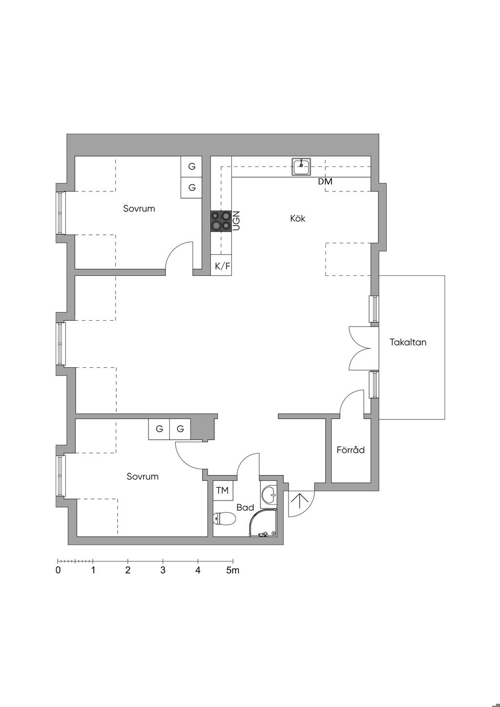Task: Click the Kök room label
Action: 298,218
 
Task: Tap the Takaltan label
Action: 408,342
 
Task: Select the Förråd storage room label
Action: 351,450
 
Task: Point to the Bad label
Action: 245,507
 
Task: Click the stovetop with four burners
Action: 221,221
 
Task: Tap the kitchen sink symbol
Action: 301,166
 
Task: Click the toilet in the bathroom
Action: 225,518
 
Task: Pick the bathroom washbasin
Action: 269,495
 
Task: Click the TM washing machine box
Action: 223,491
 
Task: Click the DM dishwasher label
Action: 325,182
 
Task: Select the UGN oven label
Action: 236,221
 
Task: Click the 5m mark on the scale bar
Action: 232,570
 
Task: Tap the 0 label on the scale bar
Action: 58,570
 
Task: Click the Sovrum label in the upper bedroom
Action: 139,208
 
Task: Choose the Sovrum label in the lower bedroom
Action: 143,476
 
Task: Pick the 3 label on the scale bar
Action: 163,570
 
